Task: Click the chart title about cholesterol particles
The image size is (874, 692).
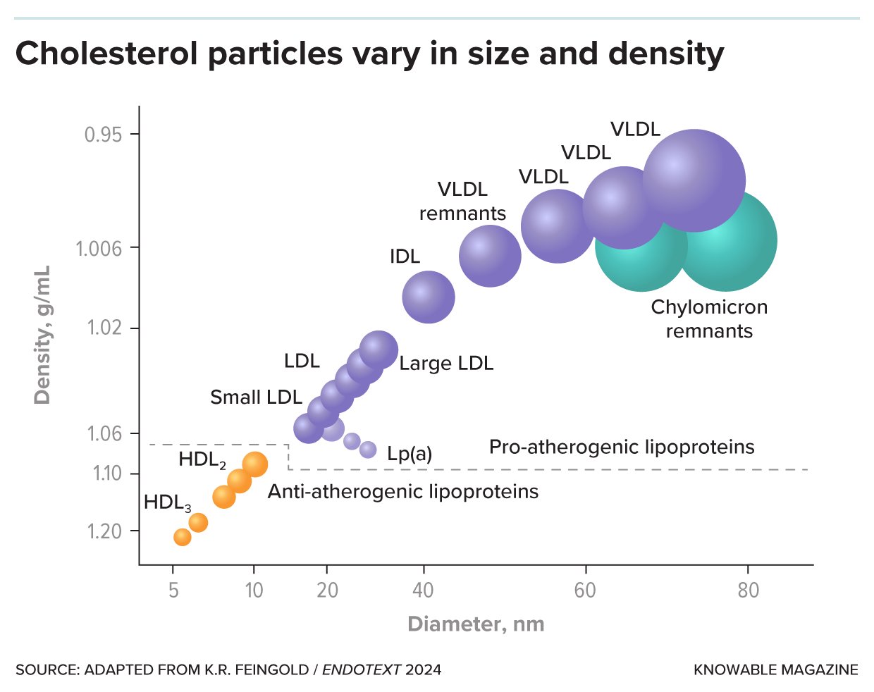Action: pos(369,54)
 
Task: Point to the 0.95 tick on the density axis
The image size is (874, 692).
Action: pos(103,134)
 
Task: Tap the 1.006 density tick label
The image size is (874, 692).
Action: pos(99,248)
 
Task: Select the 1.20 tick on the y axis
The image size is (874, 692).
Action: pos(104,531)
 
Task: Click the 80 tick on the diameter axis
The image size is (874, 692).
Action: pos(748,590)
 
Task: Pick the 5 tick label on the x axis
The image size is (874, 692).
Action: pos(173,590)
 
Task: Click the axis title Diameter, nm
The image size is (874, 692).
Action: pos(476,624)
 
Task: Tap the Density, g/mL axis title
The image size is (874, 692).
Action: pos(42,335)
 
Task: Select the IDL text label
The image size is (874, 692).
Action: pos(405,257)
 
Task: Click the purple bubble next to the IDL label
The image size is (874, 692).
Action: pos(429,297)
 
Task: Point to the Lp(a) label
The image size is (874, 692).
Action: pos(410,454)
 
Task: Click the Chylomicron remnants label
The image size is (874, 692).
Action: pos(709,319)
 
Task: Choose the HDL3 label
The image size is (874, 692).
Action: pos(168,503)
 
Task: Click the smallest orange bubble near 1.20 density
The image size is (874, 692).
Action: pos(183,537)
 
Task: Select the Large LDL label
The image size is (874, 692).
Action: pos(446,364)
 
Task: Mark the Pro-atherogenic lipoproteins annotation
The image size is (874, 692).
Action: pos(622,447)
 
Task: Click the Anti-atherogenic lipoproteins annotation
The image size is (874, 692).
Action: pos(403,492)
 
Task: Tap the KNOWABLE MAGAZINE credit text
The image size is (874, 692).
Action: pos(776,669)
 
